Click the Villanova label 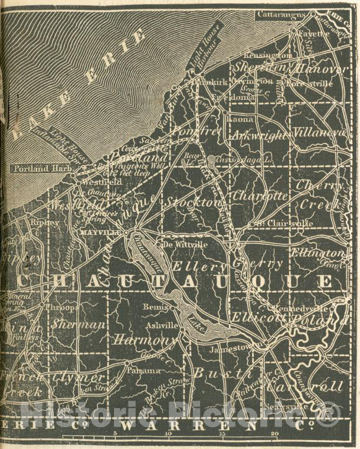(319, 132)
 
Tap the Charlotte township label (260, 194)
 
